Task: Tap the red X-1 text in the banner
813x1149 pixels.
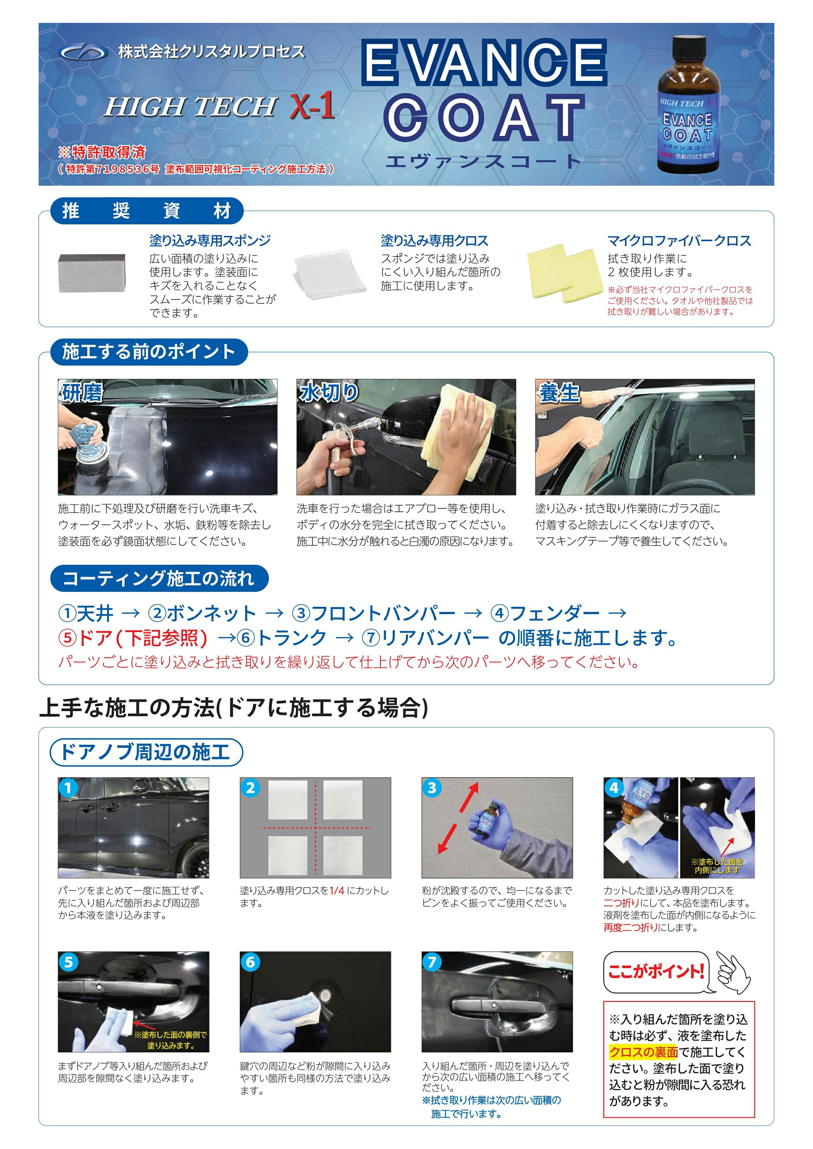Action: click(x=312, y=106)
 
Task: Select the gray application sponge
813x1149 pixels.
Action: click(x=92, y=273)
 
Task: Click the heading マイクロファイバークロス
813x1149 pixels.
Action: click(x=679, y=241)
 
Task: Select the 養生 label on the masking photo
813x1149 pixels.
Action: click(x=559, y=392)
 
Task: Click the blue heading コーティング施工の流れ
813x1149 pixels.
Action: click(x=159, y=578)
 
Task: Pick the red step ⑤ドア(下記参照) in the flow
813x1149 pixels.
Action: click(x=133, y=638)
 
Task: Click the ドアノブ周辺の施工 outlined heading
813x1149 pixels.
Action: click(x=146, y=752)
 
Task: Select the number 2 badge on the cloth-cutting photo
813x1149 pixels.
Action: click(x=250, y=788)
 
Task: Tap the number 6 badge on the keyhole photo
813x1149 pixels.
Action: click(x=250, y=962)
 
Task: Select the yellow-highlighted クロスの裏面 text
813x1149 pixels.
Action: click(x=643, y=1052)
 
